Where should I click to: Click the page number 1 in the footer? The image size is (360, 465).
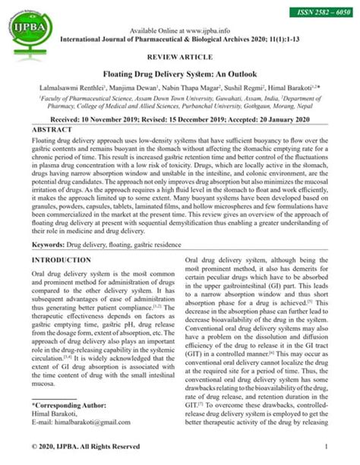325,445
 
